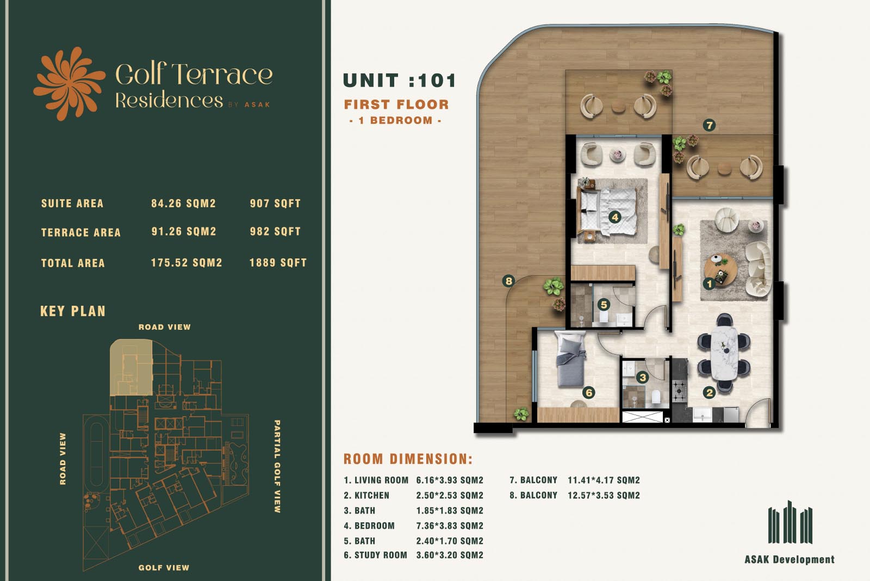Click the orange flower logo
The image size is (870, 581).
69,84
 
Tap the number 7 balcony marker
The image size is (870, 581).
709,125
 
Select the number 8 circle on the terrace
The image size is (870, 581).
508,281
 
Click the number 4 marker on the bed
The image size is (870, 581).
614,217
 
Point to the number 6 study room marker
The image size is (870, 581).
589,393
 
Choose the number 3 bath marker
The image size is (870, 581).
642,377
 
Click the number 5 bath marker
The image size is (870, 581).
604,305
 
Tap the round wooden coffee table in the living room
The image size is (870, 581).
721,270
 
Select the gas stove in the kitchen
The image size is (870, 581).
680,390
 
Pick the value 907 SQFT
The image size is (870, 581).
275,203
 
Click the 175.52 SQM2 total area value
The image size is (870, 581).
187,263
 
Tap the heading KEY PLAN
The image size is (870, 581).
73,311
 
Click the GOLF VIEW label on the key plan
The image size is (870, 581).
164,568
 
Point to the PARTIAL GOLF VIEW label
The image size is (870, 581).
277,466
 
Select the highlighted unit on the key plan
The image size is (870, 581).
131,368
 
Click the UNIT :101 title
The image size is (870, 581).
400,81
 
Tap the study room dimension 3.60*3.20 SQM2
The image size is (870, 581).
450,555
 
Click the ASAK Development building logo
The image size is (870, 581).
790,522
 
